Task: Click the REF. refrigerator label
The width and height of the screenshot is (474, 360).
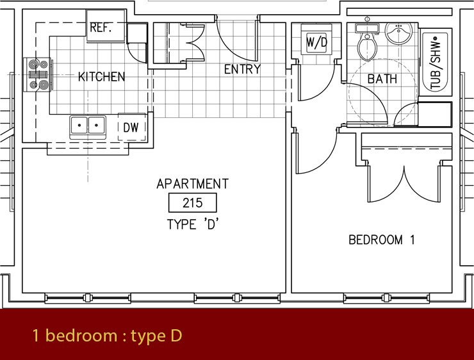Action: (x=101, y=28)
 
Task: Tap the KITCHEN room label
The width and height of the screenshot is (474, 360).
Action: (x=101, y=78)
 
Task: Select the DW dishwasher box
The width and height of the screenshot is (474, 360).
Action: (x=131, y=127)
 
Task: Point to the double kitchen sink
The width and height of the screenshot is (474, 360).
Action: (x=88, y=126)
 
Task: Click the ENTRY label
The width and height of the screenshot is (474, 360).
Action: (x=242, y=70)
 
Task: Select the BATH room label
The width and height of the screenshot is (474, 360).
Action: (x=382, y=79)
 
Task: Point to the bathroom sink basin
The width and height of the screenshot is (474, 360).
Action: (x=398, y=34)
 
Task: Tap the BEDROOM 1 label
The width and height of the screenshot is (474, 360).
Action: (x=382, y=240)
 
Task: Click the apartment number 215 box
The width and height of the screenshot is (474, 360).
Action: (x=192, y=204)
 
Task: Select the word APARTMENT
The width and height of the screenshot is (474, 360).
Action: (x=192, y=184)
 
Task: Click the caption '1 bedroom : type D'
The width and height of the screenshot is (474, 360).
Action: (x=108, y=335)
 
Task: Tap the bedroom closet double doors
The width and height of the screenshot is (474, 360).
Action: (x=404, y=185)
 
